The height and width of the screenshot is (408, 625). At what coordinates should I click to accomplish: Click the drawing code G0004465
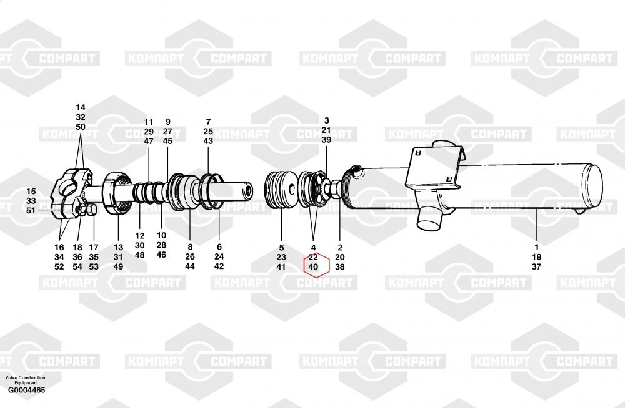[x=27, y=390]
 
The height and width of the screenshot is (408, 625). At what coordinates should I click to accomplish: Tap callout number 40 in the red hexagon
[x=313, y=266]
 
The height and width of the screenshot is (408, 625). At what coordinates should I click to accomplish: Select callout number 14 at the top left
[x=81, y=107]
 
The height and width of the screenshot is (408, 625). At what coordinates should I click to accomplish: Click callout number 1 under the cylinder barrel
[x=536, y=248]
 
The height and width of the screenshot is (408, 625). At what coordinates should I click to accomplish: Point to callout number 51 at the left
[x=31, y=211]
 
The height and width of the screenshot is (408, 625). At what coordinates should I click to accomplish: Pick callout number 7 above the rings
[x=208, y=122]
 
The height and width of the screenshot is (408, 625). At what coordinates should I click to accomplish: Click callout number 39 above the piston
[x=326, y=140]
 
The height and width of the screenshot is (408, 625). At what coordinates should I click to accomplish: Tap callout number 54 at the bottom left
[x=77, y=266]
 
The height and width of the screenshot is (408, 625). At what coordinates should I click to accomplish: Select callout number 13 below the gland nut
[x=118, y=248]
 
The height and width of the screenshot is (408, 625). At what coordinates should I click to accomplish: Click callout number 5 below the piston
[x=281, y=248]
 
